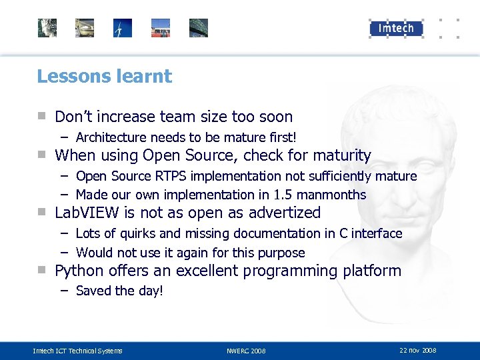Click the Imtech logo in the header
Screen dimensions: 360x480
click(x=396, y=28)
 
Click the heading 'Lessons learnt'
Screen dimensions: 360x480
click(x=104, y=77)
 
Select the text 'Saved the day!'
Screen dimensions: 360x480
click(x=119, y=291)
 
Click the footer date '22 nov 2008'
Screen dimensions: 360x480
click(x=418, y=350)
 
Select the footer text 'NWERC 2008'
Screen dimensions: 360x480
click(x=246, y=351)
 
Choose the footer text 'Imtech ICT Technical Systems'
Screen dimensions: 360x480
click(x=78, y=351)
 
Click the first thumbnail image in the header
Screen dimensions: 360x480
click(x=47, y=28)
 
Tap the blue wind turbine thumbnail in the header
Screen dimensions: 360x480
click(x=123, y=28)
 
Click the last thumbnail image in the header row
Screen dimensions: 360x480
click(x=199, y=28)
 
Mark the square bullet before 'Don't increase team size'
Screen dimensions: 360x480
click(x=41, y=116)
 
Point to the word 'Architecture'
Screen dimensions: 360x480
click(x=111, y=137)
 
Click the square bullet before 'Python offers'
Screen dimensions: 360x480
click(x=41, y=270)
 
